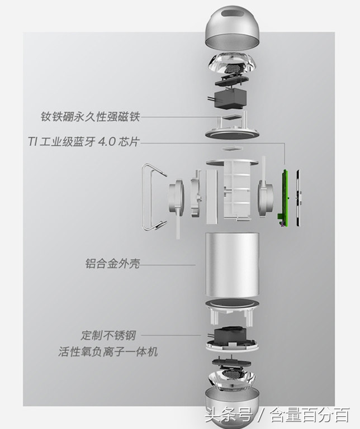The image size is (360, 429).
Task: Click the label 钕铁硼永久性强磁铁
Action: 90,117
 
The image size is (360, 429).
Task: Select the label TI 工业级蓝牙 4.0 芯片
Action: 83,141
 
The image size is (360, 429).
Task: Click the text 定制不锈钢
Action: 108,335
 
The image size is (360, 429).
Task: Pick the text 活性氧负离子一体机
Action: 108,351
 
